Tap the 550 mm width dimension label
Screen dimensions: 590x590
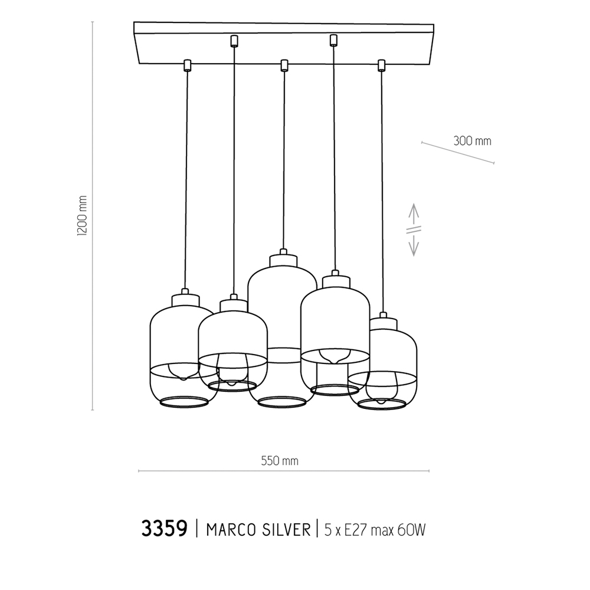pyautogui.click(x=280, y=461)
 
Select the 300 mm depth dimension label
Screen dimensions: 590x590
pyautogui.click(x=472, y=141)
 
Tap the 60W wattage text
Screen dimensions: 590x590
pyautogui.click(x=411, y=529)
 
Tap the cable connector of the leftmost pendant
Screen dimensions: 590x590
pyautogui.click(x=187, y=64)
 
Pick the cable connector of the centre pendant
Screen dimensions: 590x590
pyautogui.click(x=284, y=64)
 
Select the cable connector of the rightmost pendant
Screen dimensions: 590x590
pyautogui.click(x=381, y=64)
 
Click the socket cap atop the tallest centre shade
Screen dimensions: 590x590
pyautogui.click(x=283, y=259)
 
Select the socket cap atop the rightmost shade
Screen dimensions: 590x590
pyautogui.click(x=382, y=322)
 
